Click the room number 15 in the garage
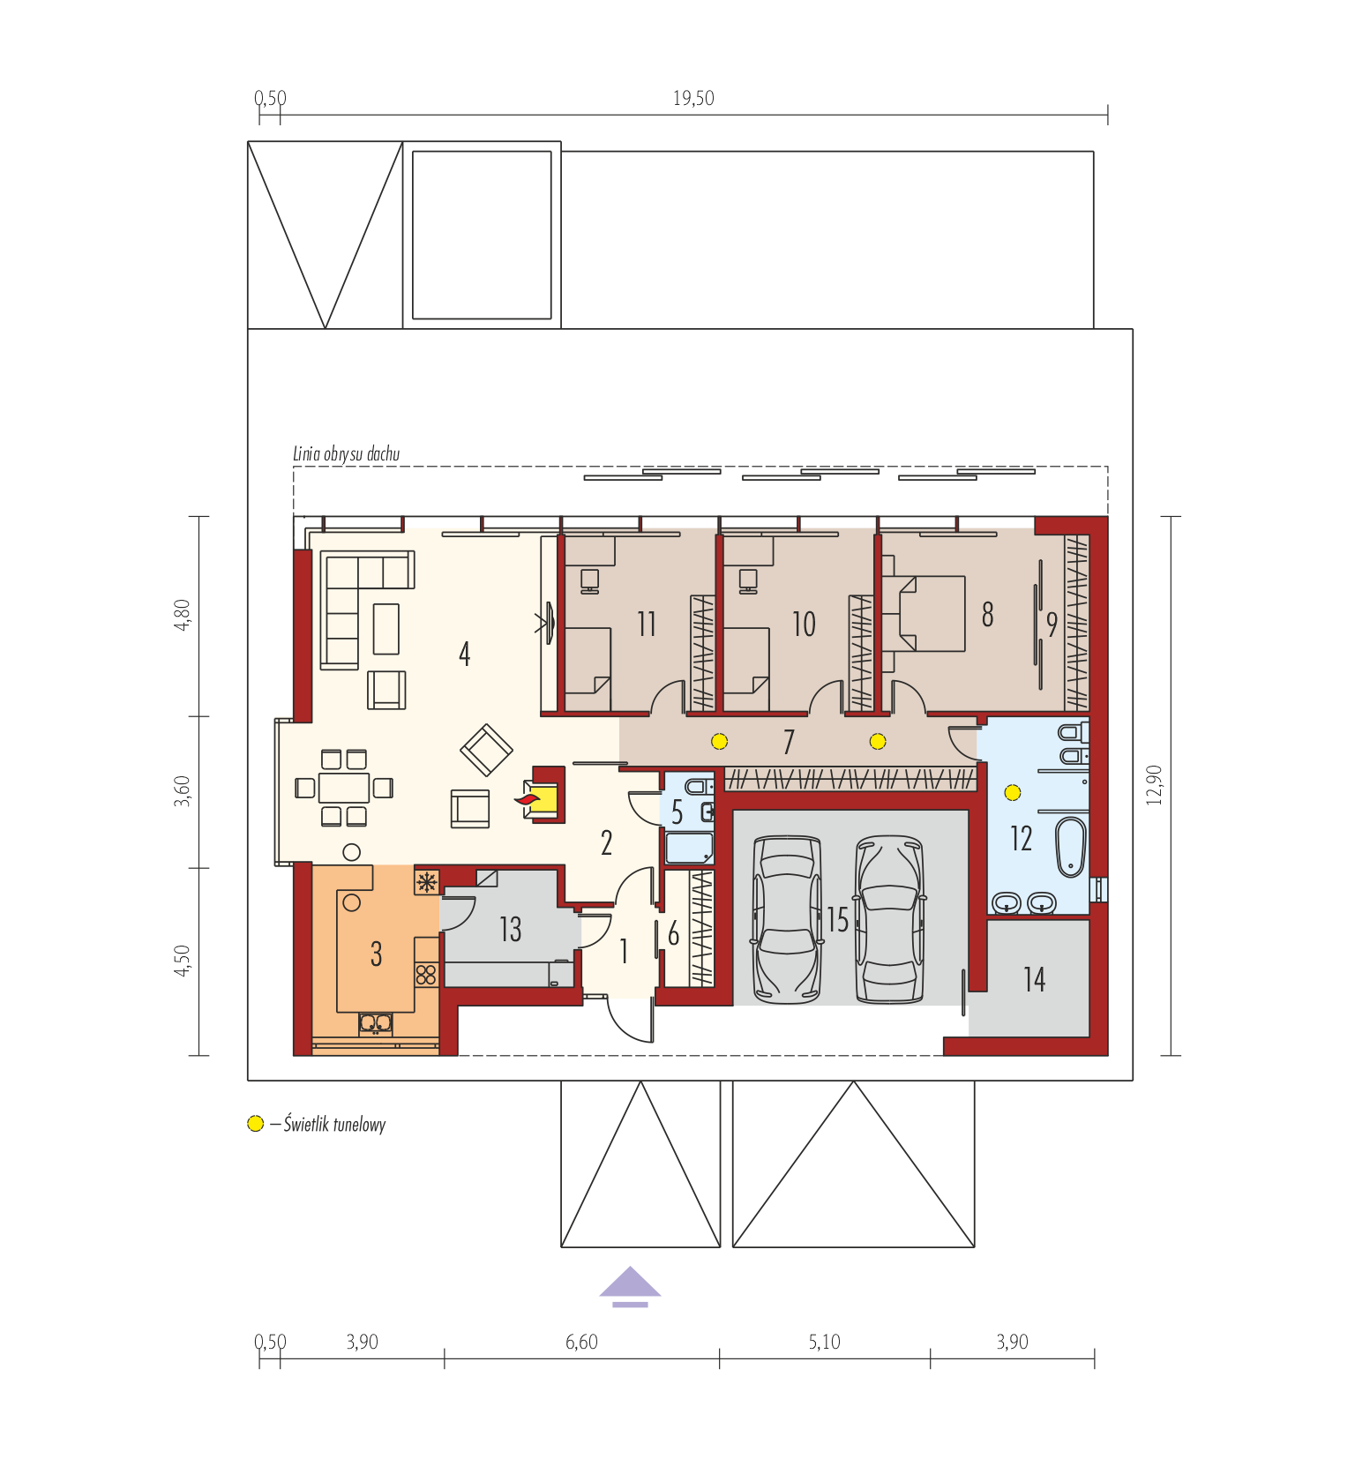click(x=837, y=920)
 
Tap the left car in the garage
click(x=786, y=920)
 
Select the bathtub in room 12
click(x=1071, y=847)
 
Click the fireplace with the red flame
click(x=543, y=796)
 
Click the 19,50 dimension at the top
click(x=693, y=99)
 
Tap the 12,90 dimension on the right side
click(x=1155, y=784)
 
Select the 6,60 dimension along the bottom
click(x=581, y=1342)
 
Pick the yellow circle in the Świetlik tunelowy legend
click(x=256, y=1124)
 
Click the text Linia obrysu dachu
click(x=346, y=454)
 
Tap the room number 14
click(x=1034, y=979)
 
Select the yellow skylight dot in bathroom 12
click(x=1013, y=793)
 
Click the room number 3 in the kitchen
click(x=377, y=954)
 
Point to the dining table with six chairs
click(x=344, y=787)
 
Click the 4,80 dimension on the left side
click(x=182, y=615)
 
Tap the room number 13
click(x=511, y=929)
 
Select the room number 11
click(x=647, y=625)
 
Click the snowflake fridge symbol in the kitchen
click(x=427, y=881)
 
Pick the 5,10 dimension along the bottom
click(x=824, y=1342)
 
